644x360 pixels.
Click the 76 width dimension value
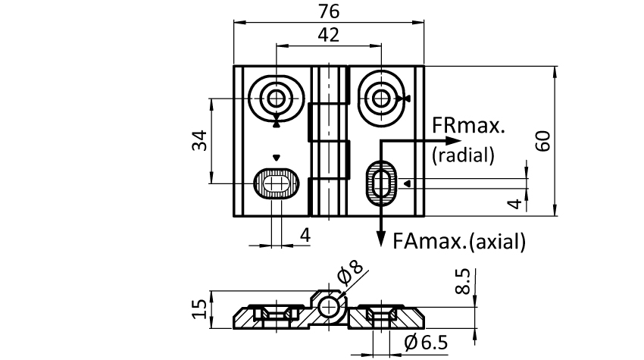click(x=329, y=11)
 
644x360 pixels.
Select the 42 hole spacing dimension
click(x=329, y=35)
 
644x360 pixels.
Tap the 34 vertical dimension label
click(x=199, y=141)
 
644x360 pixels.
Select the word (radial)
click(x=463, y=155)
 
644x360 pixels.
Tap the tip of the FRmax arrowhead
click(x=459, y=141)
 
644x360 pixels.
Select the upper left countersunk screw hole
click(x=277, y=97)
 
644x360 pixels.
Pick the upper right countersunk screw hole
click(x=380, y=97)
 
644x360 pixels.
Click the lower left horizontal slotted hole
click(x=277, y=183)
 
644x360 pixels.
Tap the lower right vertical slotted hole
click(x=381, y=183)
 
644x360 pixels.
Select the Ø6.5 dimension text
click(x=426, y=343)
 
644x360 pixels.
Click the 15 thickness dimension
click(x=199, y=309)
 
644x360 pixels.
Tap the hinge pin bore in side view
click(x=330, y=307)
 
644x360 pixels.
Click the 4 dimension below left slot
click(x=304, y=236)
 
